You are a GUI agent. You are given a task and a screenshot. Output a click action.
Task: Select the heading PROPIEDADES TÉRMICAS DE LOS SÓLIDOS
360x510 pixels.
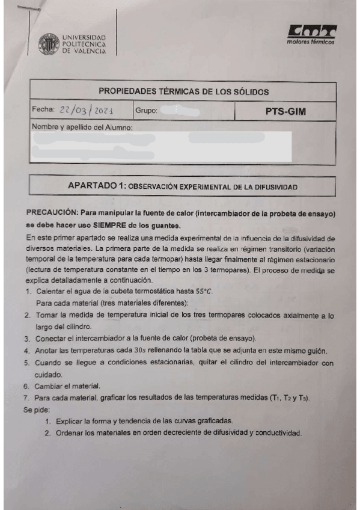(x=183, y=92)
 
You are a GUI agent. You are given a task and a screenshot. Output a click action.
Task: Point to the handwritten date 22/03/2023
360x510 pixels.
(x=86, y=110)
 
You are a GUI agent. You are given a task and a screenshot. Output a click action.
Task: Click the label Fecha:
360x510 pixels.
(x=43, y=110)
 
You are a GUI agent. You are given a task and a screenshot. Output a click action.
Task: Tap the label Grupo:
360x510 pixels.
(x=146, y=111)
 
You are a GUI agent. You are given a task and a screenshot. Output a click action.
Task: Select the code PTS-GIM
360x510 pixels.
(x=285, y=111)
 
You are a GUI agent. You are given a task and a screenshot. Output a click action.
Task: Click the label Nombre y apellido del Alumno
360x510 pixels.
(x=82, y=127)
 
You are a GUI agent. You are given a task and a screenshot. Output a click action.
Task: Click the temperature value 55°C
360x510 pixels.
(x=202, y=291)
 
